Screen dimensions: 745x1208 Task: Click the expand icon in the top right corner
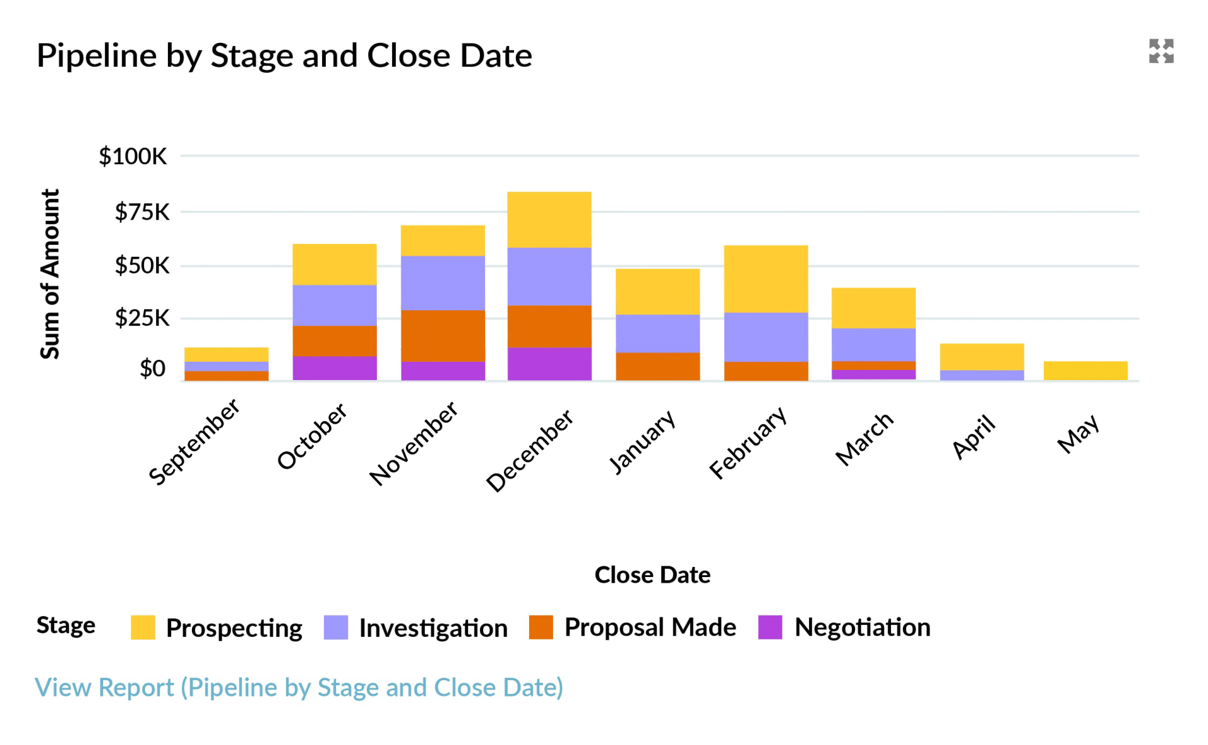[x=1161, y=51]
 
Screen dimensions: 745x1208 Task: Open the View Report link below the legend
[x=299, y=687]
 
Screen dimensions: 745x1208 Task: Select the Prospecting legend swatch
[x=143, y=627]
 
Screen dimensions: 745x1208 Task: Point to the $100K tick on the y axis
[x=133, y=156]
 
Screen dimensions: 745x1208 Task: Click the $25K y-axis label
[x=142, y=318]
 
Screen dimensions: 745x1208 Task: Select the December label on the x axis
[x=530, y=451]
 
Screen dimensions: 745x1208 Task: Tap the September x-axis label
[x=194, y=442]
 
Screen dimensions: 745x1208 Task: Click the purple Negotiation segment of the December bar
[x=549, y=364]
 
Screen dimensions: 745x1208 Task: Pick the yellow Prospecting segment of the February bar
[x=766, y=279]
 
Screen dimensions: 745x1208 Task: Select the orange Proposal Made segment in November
[x=443, y=335]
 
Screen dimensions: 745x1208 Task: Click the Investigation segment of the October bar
[x=335, y=305]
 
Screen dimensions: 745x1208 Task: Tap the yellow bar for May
[x=1085, y=371]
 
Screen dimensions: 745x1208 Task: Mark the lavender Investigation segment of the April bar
[x=981, y=375]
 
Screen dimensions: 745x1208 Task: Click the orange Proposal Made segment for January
[x=657, y=366]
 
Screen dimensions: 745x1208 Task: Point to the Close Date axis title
[x=652, y=574]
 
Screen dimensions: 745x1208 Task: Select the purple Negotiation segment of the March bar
[x=873, y=374]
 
